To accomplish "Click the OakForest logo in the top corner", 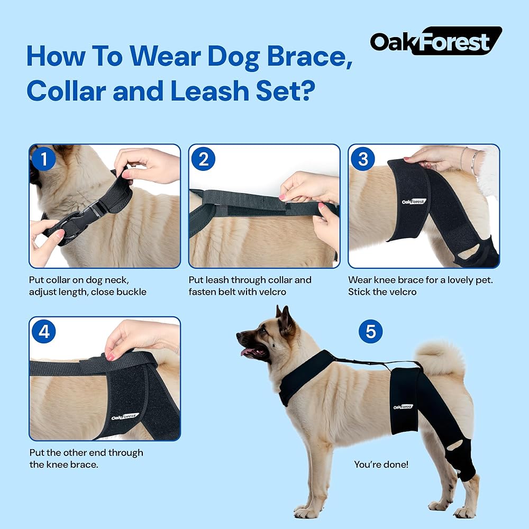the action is point(436,41).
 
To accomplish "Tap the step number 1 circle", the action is point(44,159).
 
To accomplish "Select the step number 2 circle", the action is point(204,159).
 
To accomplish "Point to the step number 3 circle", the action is point(363,159).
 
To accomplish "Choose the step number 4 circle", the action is point(44,331).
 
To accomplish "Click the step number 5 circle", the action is point(370,331).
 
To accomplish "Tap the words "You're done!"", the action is point(381,464).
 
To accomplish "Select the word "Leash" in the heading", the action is point(209,91).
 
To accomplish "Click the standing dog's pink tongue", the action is point(247,352).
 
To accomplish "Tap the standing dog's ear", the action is point(286,321).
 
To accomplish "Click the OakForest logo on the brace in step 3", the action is point(414,202).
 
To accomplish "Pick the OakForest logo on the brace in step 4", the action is point(125,417).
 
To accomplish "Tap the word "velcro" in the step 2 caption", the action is point(271,292).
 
